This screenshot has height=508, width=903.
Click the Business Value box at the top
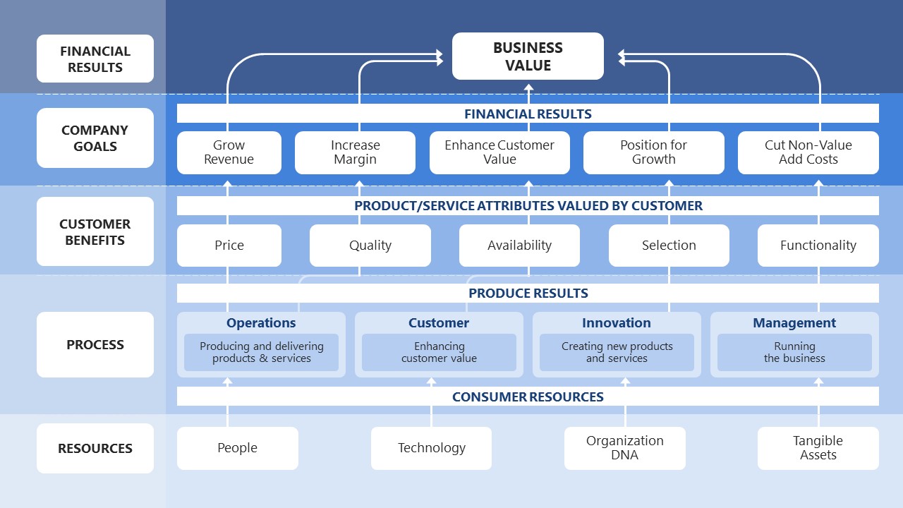528,56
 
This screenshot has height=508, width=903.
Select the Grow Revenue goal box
229,152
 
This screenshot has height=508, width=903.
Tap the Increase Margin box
355,152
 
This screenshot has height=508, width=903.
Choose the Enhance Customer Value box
499,152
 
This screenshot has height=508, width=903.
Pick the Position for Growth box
653,152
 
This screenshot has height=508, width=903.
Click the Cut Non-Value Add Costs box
808,152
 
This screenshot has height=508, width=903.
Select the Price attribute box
229,246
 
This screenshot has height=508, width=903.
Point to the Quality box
370,246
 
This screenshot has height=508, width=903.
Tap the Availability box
519,246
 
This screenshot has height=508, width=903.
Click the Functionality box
818,246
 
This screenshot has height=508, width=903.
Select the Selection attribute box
669,246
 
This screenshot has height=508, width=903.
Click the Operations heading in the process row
261,323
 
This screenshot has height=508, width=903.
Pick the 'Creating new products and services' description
617,352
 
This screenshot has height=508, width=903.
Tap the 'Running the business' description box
794,352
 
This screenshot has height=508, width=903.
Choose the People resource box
237,448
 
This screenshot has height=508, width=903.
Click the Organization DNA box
624,448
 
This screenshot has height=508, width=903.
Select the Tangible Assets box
818,448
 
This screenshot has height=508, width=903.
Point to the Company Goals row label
95,138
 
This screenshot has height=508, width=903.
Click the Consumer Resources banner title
528,397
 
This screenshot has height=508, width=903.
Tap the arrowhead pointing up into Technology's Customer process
432,382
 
